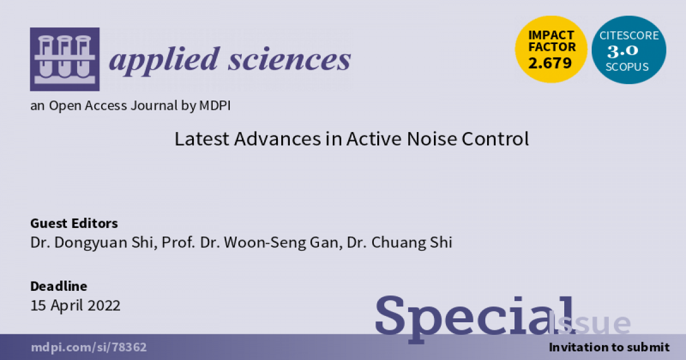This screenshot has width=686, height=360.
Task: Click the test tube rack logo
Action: click(65, 59)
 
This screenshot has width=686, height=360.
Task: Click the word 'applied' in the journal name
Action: click(165, 61)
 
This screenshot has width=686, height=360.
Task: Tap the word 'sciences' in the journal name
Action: click(289, 59)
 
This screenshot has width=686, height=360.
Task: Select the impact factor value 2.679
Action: click(550, 63)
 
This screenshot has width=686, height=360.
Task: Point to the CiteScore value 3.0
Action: click(623, 51)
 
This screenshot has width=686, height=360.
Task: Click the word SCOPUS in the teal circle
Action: click(627, 67)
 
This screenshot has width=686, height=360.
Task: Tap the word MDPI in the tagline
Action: click(215, 105)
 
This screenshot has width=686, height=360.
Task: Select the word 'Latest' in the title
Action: click(202, 139)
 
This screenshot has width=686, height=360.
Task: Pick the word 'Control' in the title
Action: click(495, 139)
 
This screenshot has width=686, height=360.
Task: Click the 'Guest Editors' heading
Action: click(74, 223)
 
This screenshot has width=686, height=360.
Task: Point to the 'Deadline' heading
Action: click(58, 286)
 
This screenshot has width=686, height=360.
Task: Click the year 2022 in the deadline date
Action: click(104, 305)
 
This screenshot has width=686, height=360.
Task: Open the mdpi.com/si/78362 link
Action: click(89, 347)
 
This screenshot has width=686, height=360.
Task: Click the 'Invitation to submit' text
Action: click(609, 347)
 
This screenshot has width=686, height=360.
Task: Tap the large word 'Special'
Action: click(474, 318)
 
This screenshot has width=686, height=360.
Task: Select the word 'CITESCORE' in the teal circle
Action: click(629, 35)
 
